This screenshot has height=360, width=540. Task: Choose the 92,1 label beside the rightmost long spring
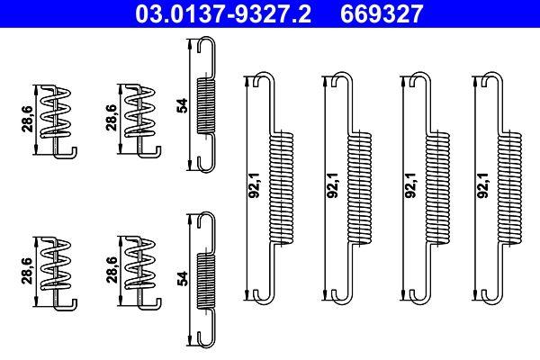pyautogui.click(x=483, y=186)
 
